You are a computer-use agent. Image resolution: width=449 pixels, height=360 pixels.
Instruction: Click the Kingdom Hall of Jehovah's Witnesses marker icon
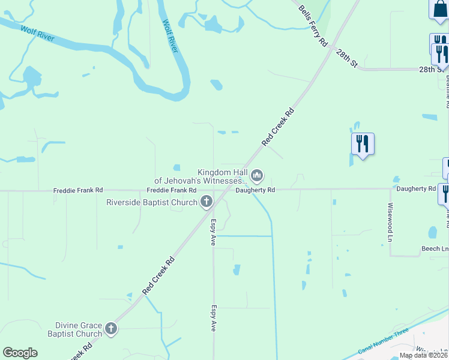[257, 176]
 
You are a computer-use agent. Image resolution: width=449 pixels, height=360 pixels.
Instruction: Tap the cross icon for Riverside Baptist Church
[206, 202]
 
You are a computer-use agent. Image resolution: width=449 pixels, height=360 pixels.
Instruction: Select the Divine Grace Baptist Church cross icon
[110, 328]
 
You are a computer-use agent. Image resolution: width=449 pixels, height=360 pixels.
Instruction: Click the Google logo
[20, 353]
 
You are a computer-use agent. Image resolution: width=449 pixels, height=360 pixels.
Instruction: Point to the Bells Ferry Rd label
[313, 25]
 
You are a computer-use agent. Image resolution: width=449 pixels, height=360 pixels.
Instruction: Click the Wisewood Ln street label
[390, 222]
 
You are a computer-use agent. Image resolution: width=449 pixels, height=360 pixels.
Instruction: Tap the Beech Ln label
[435, 248]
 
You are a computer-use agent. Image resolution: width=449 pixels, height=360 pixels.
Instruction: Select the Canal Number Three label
[384, 341]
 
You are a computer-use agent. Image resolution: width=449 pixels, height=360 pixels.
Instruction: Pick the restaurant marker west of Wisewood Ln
[363, 143]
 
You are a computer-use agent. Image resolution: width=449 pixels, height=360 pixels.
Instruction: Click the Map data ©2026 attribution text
[424, 355]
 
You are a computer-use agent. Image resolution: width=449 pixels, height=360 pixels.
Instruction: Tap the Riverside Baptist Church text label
[152, 202]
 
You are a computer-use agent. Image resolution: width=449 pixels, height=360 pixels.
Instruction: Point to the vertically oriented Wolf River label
[170, 36]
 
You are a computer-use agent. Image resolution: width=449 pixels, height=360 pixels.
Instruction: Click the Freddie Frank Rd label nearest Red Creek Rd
[172, 190]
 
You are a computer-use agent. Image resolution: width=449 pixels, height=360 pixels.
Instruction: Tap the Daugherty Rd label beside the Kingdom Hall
[255, 190]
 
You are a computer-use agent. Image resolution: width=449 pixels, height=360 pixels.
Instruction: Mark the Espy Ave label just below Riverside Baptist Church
[213, 232]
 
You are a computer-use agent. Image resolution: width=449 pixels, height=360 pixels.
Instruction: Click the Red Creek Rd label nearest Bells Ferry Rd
[279, 127]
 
